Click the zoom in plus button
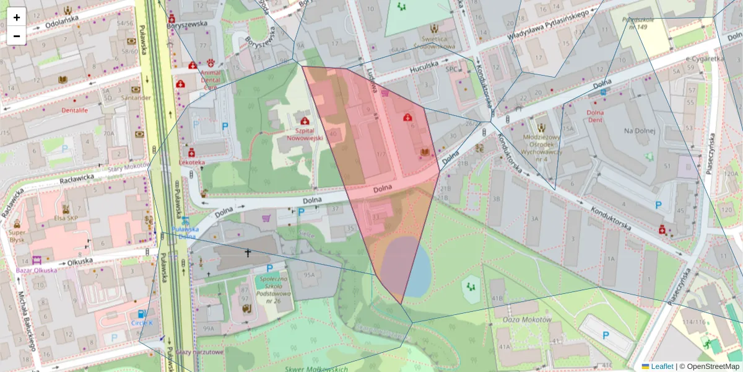(17, 17)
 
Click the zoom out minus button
(17, 36)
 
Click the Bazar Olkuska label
(37, 270)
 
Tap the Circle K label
(143, 323)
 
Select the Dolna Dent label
(594, 117)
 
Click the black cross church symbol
(248, 253)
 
